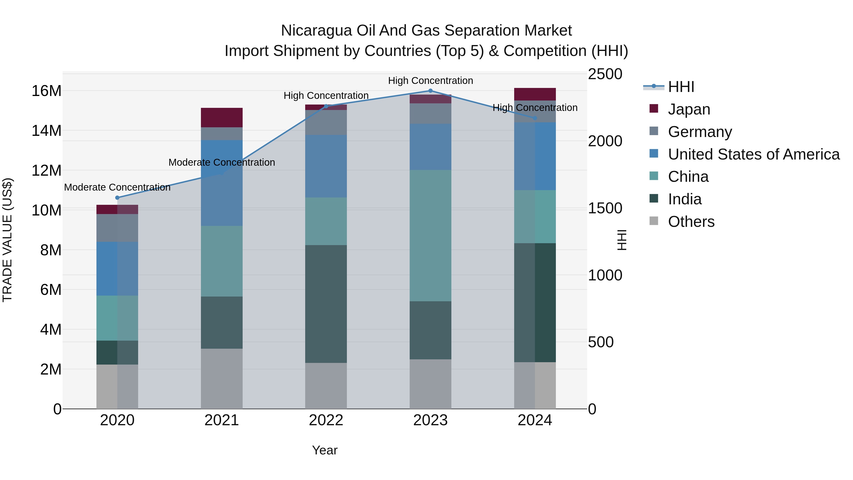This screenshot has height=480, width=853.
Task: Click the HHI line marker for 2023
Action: pos(431,91)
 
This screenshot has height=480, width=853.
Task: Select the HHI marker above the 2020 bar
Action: pos(117,198)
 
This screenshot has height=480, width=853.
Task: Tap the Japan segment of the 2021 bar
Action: pos(222,118)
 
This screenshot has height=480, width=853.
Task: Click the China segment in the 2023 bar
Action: pos(431,236)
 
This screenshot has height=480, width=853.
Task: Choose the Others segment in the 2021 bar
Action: pos(222,379)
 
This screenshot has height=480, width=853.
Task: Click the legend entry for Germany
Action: pos(700,132)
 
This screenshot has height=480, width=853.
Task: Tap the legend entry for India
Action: pos(685,199)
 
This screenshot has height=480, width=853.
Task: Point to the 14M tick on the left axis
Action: pos(46,131)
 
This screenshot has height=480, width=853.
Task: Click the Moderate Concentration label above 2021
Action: pos(222,162)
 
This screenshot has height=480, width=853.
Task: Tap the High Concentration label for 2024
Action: pos(535,108)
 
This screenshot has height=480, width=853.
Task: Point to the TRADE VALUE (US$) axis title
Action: pos(7,240)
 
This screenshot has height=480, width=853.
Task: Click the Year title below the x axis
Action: pos(325,450)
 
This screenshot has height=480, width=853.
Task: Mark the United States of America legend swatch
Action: pos(654,154)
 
